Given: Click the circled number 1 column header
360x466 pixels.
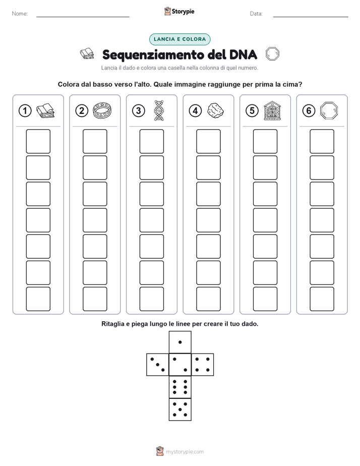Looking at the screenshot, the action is click(x=25, y=111).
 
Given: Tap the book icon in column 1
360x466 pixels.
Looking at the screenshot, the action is click(x=45, y=111).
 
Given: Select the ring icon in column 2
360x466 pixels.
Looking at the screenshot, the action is click(x=102, y=110).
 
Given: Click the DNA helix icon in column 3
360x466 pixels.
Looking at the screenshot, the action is click(x=159, y=110).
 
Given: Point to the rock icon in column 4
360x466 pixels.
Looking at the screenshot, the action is click(x=216, y=110).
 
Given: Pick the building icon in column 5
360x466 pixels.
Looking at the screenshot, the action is click(x=272, y=110).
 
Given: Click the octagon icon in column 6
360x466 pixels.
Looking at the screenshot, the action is click(x=329, y=110).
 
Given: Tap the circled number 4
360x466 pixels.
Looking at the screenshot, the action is click(x=195, y=111).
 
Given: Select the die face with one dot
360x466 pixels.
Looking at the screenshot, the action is click(x=180, y=342).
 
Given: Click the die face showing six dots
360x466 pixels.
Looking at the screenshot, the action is click(x=180, y=387).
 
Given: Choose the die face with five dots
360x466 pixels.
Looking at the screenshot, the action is click(x=180, y=410).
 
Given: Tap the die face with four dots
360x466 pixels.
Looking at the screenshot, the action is click(x=203, y=365).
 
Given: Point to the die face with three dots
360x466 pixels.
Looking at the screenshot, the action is click(x=157, y=365).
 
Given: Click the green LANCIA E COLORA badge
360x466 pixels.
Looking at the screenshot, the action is click(x=179, y=39).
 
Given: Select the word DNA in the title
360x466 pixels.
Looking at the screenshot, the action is click(x=243, y=54).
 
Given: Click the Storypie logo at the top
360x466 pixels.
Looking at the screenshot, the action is click(x=179, y=11).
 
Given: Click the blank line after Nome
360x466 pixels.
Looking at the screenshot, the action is click(x=83, y=17).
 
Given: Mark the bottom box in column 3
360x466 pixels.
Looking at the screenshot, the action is click(x=151, y=299).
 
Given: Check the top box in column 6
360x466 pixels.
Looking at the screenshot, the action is click(x=322, y=141).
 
